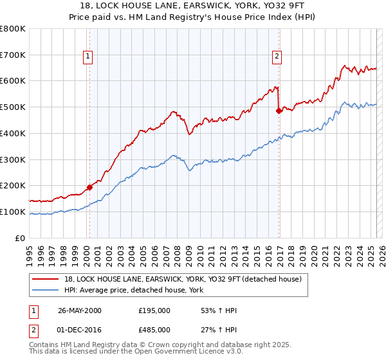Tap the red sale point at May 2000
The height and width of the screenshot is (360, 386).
tap(89, 187)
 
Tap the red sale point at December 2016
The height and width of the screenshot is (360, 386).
tap(279, 111)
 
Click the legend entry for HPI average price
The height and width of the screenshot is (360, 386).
tap(133, 290)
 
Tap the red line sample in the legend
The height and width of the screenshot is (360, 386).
tap(45, 279)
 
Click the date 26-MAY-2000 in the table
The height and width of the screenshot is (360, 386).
tap(80, 310)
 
